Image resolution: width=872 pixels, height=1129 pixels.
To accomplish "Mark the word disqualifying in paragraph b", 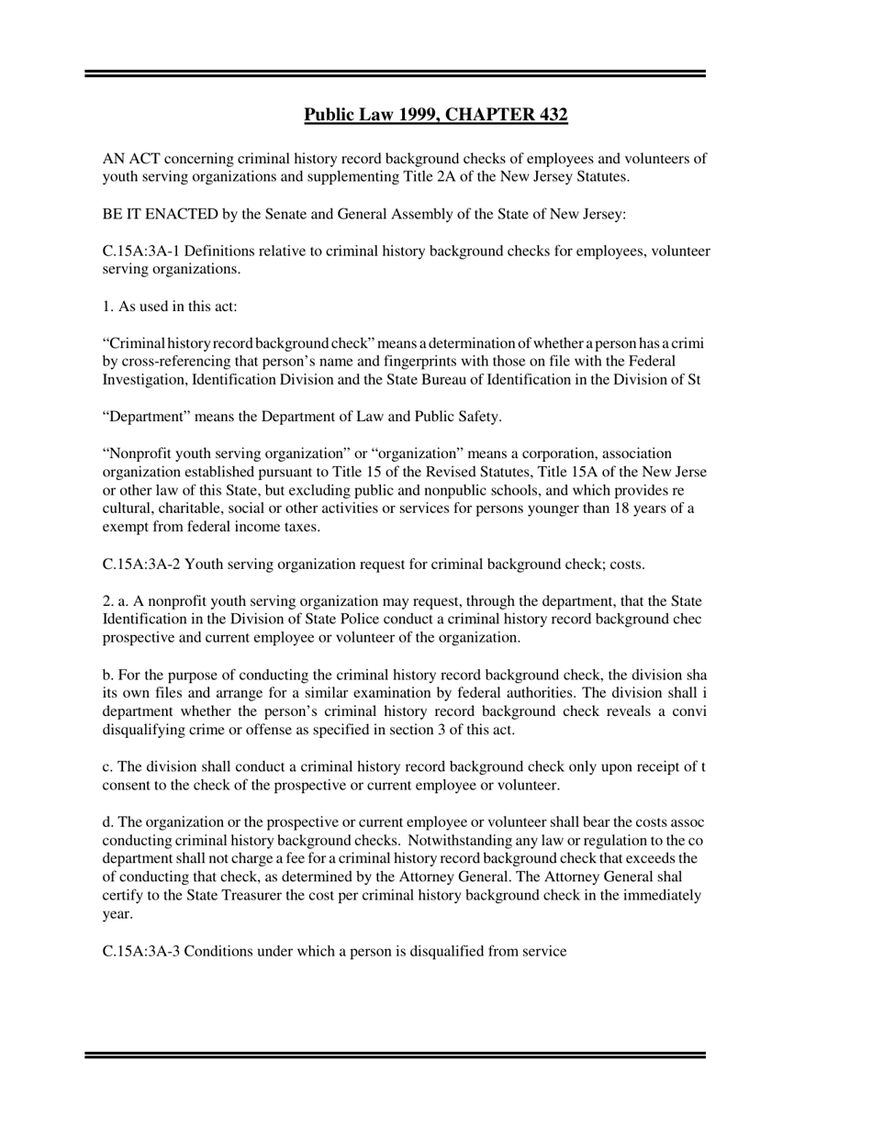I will [145, 730].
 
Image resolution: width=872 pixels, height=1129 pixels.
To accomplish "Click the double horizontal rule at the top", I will [395, 73].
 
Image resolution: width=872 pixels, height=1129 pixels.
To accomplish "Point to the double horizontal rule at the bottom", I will [395, 1056].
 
